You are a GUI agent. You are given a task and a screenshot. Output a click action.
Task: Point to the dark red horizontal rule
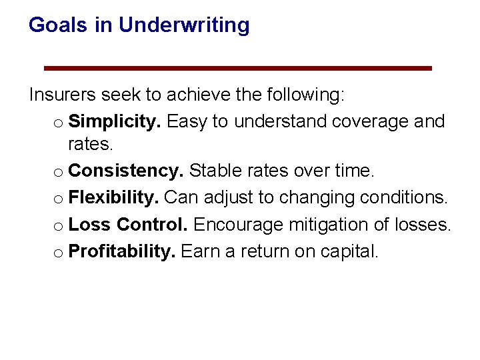[237, 68]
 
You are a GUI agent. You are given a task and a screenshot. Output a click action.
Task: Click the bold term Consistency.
[126, 171]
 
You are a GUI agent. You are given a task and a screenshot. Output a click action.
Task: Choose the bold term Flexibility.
[114, 198]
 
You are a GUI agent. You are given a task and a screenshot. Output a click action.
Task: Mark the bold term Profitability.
[122, 251]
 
